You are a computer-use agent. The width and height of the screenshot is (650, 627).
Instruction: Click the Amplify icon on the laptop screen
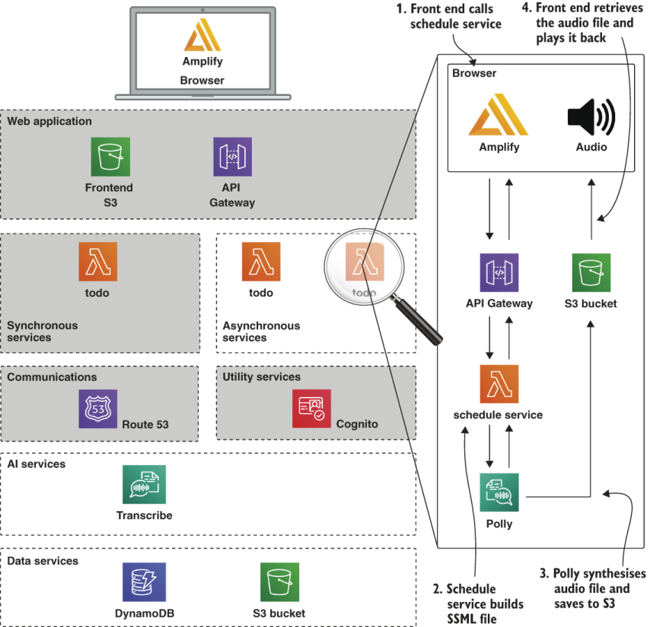(202, 36)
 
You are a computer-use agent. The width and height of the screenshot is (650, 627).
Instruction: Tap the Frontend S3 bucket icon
(110, 157)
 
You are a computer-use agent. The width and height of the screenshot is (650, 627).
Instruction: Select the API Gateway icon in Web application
(232, 157)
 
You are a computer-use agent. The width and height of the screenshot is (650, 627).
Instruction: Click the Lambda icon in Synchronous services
(97, 262)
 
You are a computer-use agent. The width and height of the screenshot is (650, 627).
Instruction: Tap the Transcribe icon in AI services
(144, 485)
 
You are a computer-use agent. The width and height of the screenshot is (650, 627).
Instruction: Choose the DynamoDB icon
(144, 582)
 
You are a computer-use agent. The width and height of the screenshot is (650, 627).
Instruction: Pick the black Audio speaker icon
(591, 116)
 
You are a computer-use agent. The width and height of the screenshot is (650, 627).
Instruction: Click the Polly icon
(499, 493)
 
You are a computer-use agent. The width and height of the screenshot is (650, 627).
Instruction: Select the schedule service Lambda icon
(499, 384)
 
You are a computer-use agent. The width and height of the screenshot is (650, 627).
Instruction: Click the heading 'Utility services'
(261, 377)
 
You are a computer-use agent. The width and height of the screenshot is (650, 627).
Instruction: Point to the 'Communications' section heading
(52, 377)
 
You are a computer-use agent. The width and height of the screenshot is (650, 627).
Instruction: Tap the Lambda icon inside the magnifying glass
(364, 263)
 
